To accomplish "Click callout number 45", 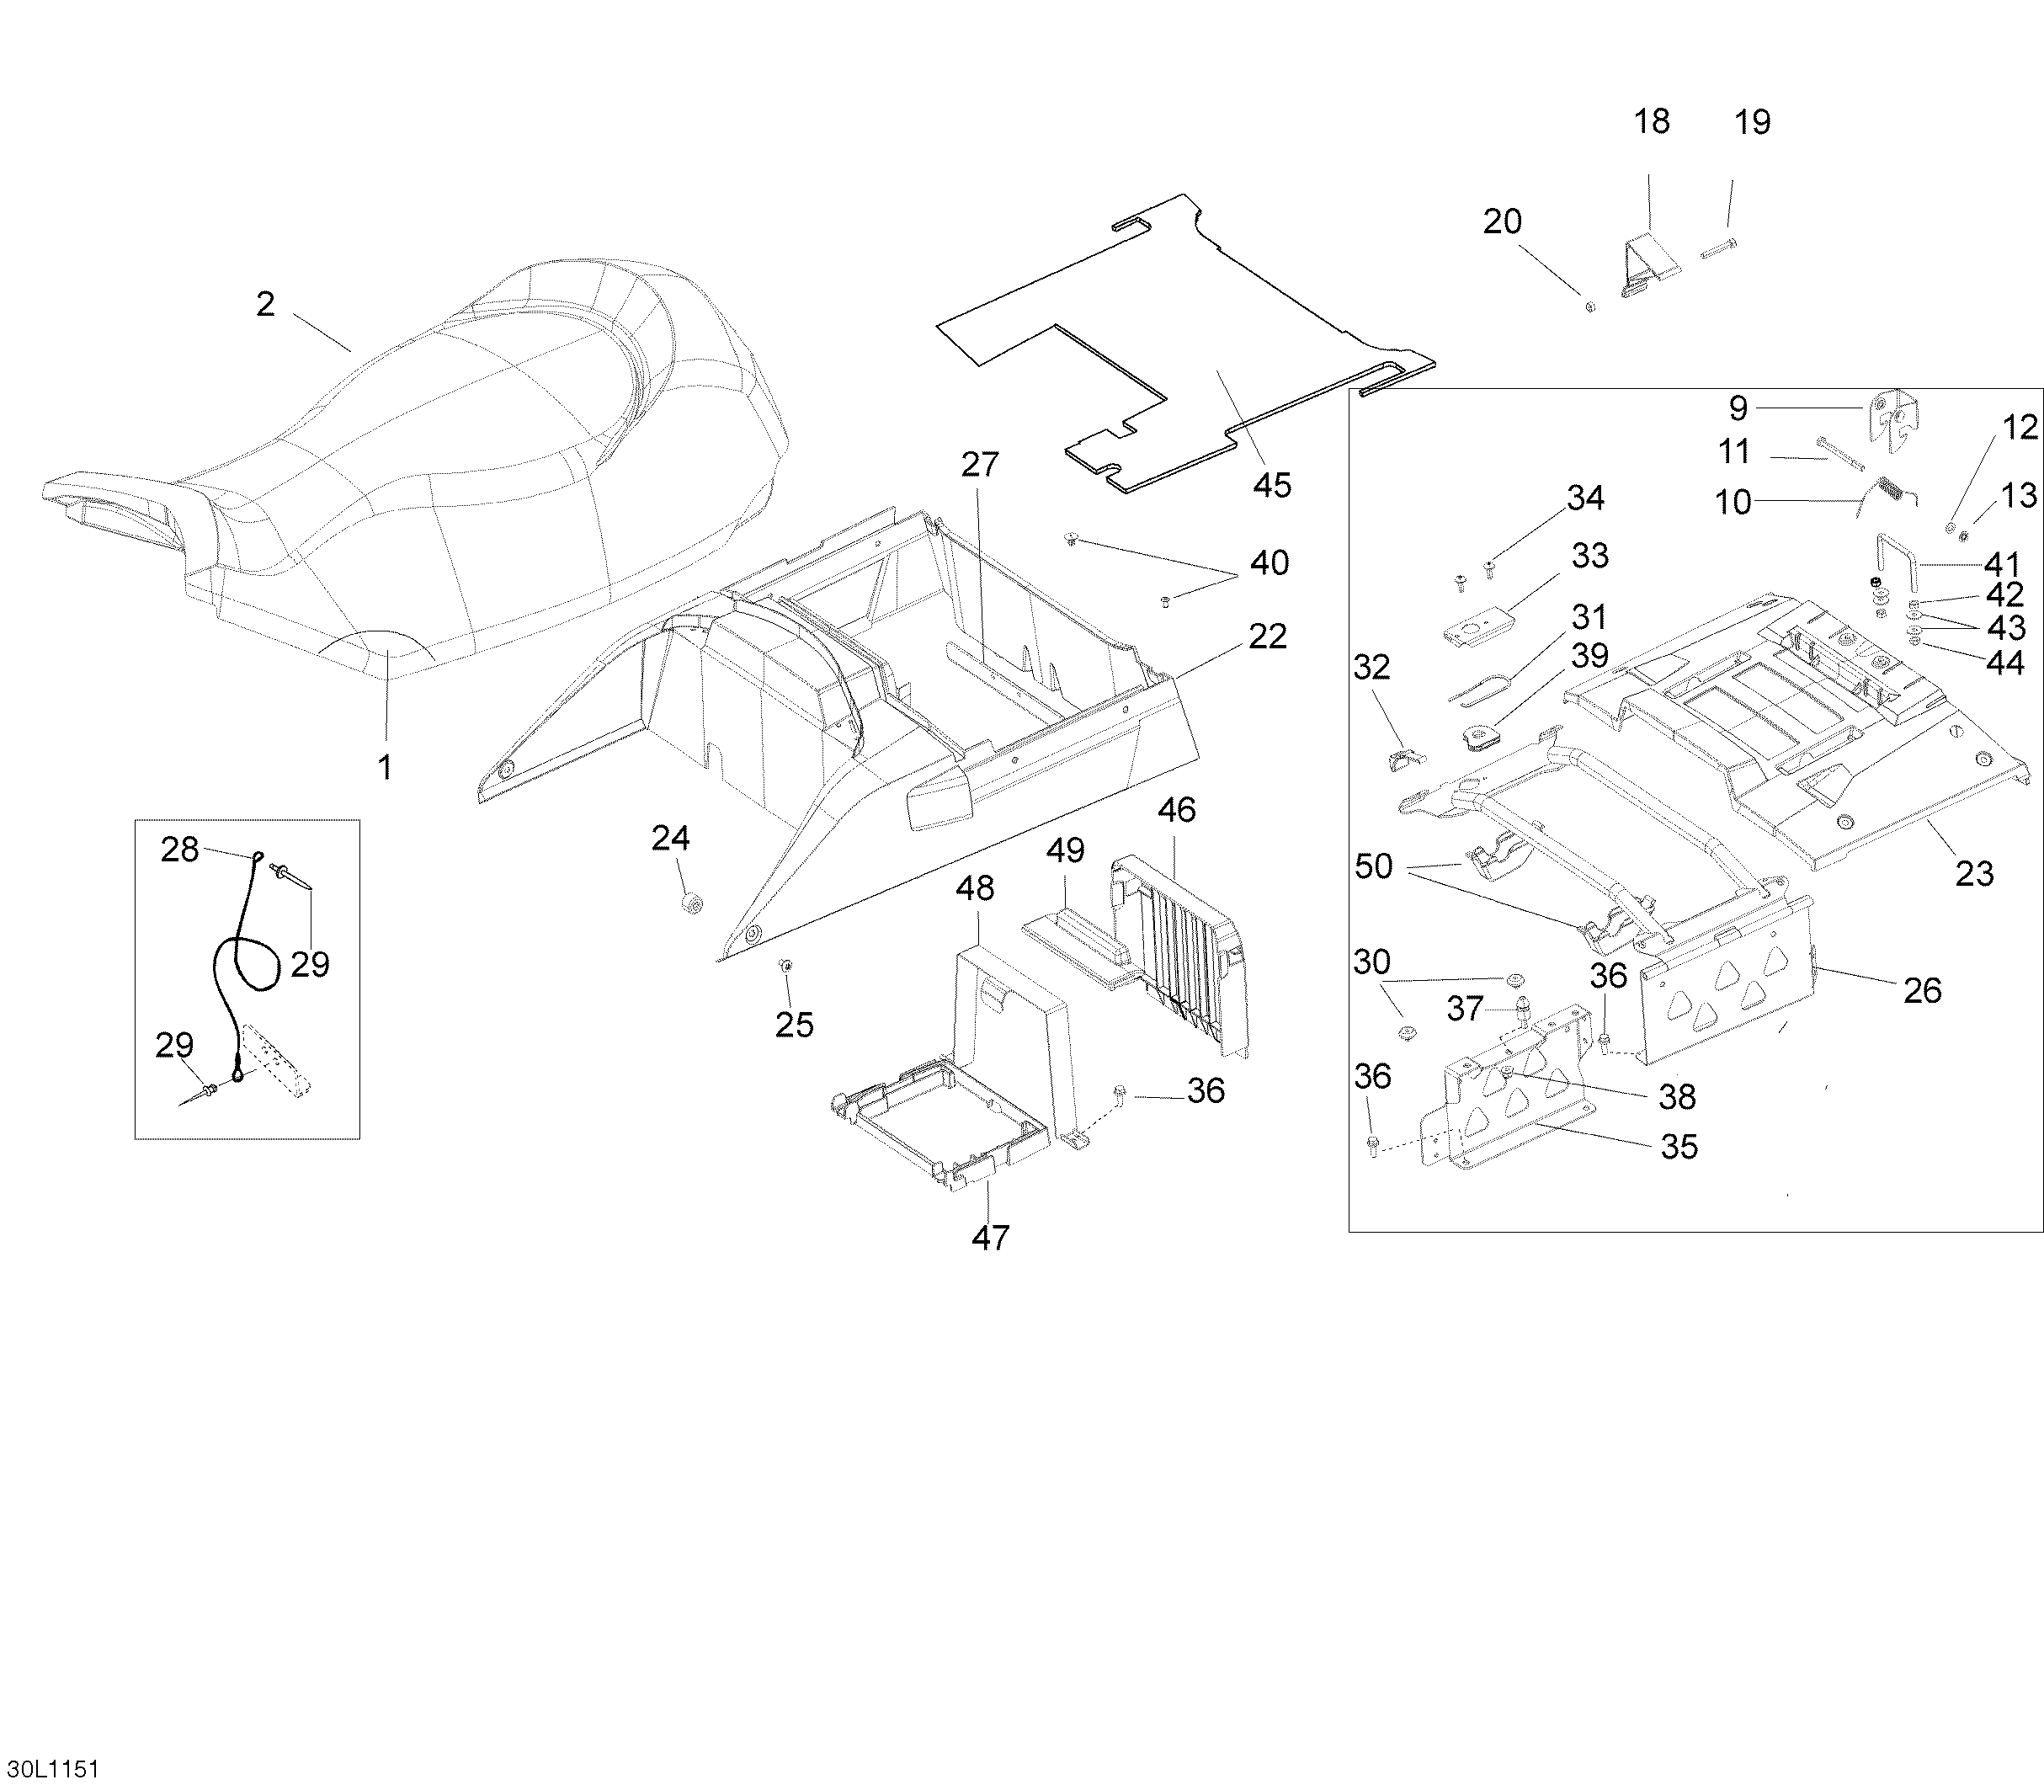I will click(x=1272, y=485).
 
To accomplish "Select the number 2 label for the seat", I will click(x=265, y=304).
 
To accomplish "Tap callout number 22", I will click(x=1267, y=636).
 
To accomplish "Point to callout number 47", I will click(x=990, y=1237).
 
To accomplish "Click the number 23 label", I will click(x=1974, y=874).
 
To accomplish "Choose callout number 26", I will click(x=1921, y=989).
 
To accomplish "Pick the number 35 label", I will click(x=1679, y=1147).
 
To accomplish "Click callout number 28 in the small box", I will click(x=179, y=850).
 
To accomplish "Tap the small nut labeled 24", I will click(x=689, y=903).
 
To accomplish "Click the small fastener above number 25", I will click(x=785, y=964).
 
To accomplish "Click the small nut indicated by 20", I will click(x=1589, y=306).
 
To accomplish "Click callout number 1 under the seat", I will click(x=385, y=766).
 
